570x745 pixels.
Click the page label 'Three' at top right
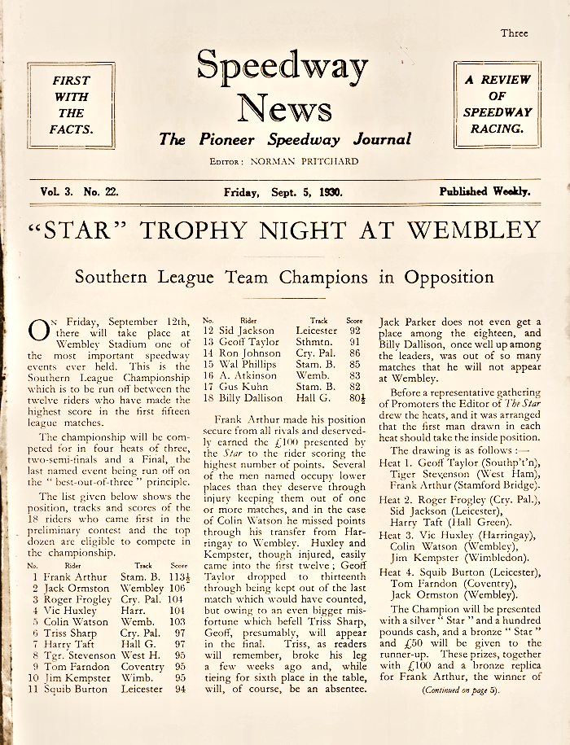[514, 33]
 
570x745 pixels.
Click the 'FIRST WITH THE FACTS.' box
[71, 105]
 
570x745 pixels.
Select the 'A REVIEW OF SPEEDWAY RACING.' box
[498, 104]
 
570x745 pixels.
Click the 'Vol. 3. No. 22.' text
[80, 192]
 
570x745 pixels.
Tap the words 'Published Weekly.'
[484, 192]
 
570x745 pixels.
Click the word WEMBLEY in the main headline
[474, 230]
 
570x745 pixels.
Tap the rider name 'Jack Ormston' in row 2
[72, 588]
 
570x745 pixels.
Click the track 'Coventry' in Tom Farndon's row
[140, 666]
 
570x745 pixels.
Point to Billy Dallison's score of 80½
[353, 398]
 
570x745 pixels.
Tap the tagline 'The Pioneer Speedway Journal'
[284, 139]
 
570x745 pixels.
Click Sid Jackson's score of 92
[353, 331]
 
